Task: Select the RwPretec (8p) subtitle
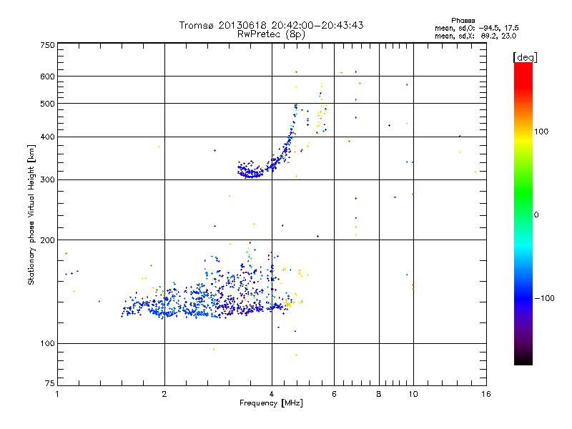coord(271,34)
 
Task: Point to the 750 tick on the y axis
coord(47,45)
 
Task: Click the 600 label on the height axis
coord(47,77)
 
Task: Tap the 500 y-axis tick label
coord(47,104)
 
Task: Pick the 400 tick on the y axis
coord(47,137)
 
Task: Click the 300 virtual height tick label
coord(47,179)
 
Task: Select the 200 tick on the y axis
coord(47,240)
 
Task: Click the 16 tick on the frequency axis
coord(485,394)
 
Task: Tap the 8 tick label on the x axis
coord(379,394)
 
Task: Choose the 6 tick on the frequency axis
coord(334,394)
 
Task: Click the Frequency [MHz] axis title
coord(271,404)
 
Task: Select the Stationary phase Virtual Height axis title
coord(31,214)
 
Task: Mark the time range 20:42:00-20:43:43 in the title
coord(312,25)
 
